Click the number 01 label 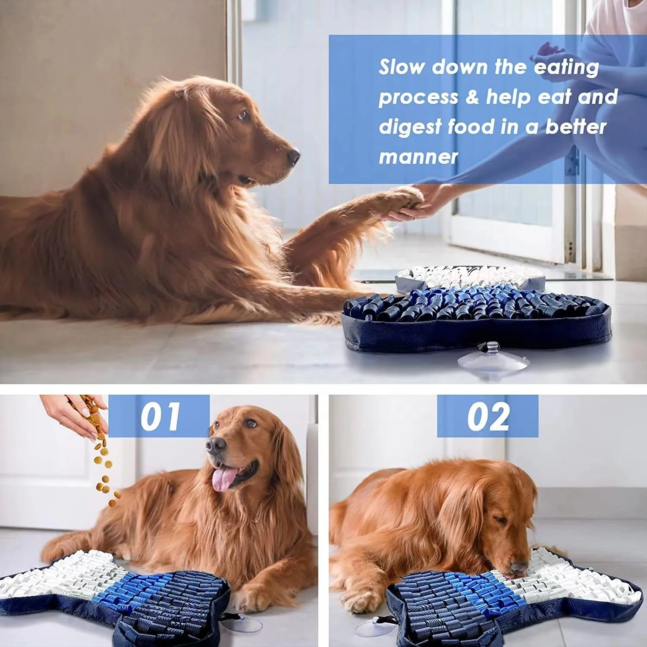tap(160, 416)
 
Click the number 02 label tap(488, 416)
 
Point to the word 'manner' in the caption tap(418, 157)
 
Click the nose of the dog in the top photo tap(293, 156)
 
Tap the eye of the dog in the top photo tap(243, 115)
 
